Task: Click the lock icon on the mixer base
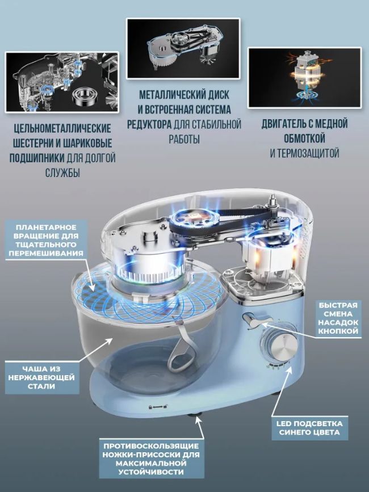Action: point(151,407)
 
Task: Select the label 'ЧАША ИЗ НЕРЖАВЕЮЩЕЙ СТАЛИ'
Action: point(42,377)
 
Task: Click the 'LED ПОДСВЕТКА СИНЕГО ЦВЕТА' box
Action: point(309,428)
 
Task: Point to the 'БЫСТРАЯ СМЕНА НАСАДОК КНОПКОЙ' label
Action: point(338,318)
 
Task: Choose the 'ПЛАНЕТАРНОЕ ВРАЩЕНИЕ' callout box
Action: point(46,240)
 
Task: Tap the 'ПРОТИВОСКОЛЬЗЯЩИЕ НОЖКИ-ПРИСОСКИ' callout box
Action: point(151,459)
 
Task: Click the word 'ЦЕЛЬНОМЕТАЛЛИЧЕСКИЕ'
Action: point(62,129)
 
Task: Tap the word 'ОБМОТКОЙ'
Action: point(304,138)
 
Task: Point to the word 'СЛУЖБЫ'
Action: point(62,173)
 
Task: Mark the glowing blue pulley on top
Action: point(185,219)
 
